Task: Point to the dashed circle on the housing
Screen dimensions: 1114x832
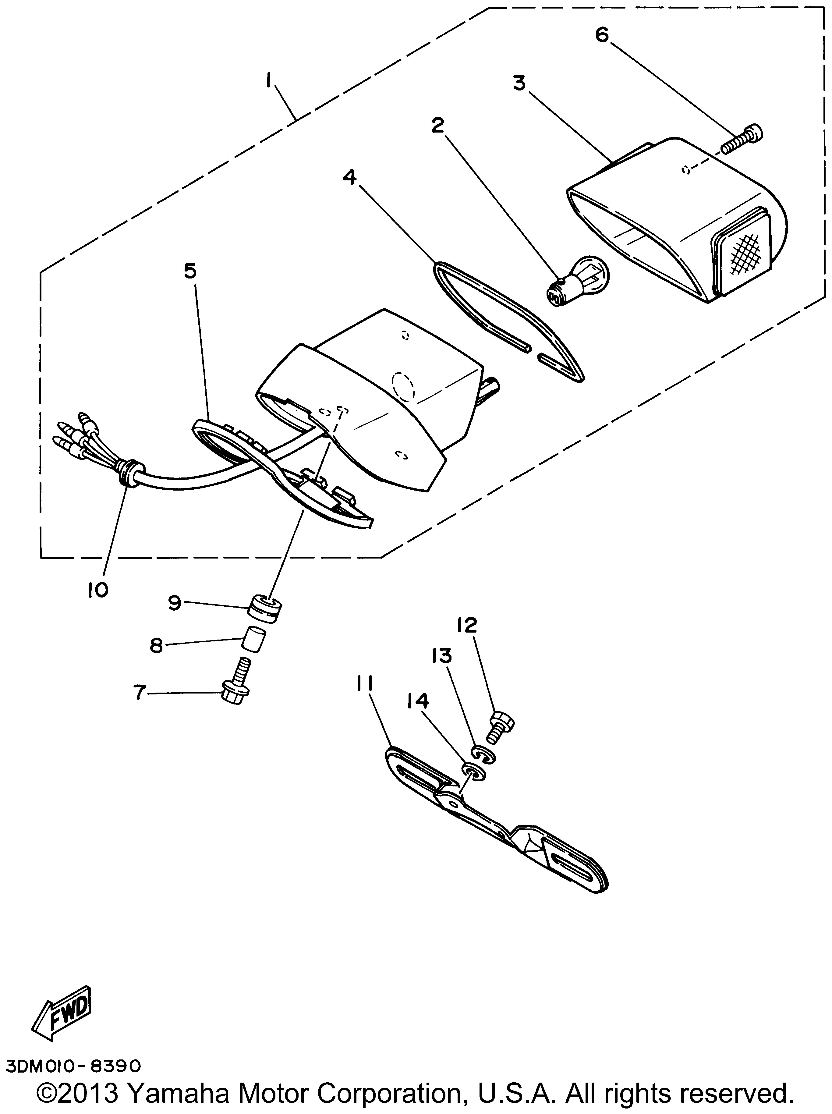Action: [403, 386]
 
